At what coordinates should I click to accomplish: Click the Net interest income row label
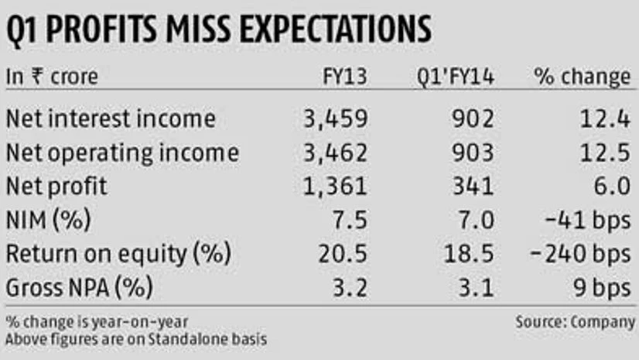110,119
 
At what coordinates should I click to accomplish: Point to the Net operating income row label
122,153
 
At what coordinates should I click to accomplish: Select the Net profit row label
56,187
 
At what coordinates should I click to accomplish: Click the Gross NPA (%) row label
79,288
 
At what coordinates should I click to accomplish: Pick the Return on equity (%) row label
118,254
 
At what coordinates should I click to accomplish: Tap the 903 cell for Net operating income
473,153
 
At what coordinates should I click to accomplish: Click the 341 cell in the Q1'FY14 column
473,187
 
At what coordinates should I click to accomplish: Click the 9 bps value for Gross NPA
603,288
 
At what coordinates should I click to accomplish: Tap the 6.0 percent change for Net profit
615,187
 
